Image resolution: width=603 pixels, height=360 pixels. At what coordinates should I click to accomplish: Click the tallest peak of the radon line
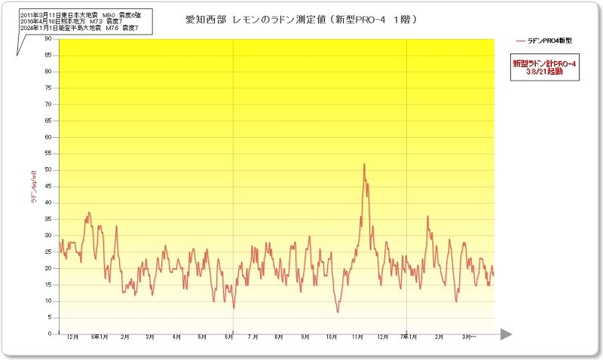(364, 164)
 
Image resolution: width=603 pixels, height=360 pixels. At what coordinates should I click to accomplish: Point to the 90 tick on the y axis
(48, 38)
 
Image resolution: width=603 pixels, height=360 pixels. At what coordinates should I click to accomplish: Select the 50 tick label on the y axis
(48, 169)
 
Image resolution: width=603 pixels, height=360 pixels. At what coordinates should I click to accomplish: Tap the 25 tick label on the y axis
(48, 252)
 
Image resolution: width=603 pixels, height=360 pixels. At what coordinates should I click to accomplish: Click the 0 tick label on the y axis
(50, 334)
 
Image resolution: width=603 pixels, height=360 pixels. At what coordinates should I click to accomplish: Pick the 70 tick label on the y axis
(48, 104)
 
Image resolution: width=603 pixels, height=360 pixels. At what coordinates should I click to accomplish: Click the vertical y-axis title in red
(33, 186)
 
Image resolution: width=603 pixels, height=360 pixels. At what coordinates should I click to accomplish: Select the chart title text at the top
(301, 19)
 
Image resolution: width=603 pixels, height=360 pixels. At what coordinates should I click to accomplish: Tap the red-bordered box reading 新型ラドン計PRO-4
(543, 69)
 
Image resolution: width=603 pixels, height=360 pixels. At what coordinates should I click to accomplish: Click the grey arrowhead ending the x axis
(506, 334)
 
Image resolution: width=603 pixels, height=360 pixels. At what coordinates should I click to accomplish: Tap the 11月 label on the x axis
(357, 337)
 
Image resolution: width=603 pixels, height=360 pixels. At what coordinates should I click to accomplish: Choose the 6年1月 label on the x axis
(99, 337)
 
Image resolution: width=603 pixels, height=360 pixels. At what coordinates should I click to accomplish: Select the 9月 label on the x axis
(305, 337)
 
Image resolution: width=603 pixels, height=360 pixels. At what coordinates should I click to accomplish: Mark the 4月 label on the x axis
(176, 337)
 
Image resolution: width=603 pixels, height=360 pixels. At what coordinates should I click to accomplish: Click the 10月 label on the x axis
(331, 337)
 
